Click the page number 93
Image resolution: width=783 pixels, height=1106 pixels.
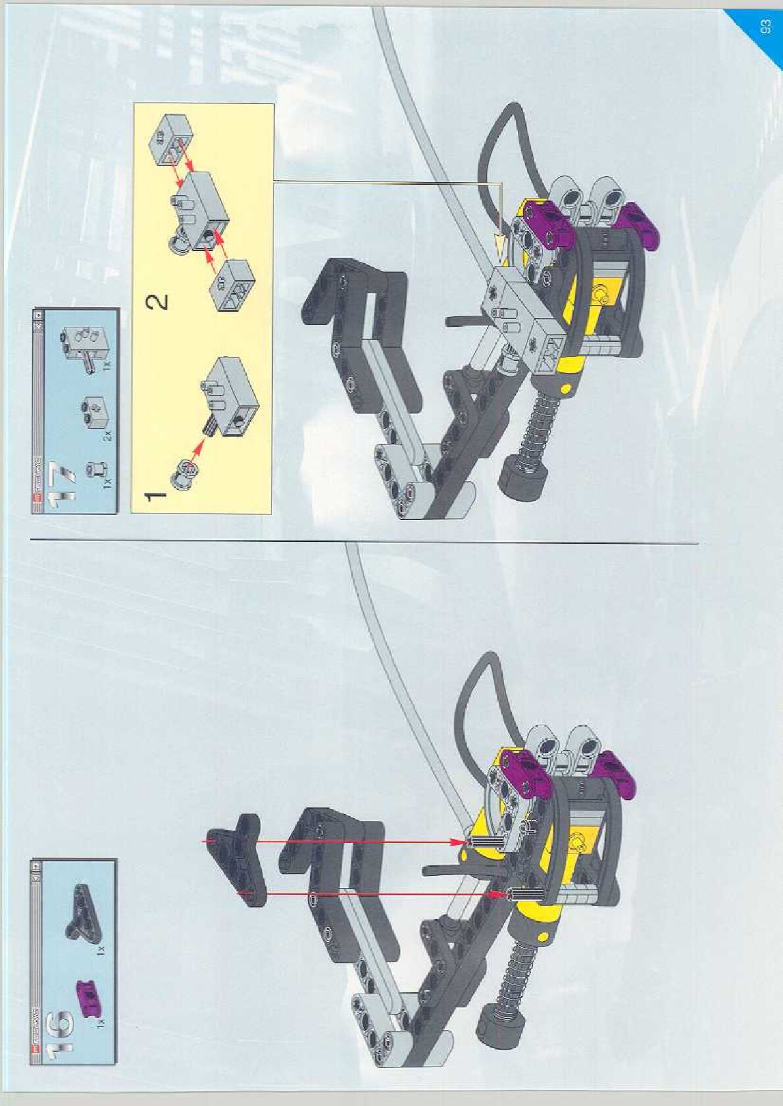(x=765, y=27)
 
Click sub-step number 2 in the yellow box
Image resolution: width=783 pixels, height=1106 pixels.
(x=159, y=302)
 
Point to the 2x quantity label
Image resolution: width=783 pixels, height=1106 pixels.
(x=108, y=435)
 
